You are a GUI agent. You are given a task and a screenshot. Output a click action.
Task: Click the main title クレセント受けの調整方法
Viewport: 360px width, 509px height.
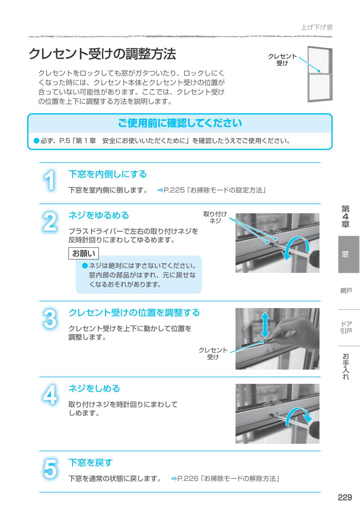tap(102, 54)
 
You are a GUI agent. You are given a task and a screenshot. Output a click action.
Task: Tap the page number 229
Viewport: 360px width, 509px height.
tap(345, 497)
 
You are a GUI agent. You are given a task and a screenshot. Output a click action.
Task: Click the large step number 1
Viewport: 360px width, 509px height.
tap(49, 181)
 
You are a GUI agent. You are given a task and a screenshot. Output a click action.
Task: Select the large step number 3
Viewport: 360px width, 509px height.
tap(50, 319)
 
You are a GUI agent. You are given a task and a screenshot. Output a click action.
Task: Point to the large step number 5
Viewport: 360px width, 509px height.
tap(50, 469)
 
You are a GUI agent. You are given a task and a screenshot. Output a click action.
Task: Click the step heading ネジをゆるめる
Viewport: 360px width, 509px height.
tap(99, 216)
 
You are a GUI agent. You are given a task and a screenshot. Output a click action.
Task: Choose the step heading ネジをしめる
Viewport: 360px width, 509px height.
tap(94, 389)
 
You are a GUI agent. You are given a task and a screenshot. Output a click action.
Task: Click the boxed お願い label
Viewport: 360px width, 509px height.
tap(83, 254)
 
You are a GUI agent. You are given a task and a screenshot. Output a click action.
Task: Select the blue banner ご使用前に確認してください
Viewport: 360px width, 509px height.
tap(180, 123)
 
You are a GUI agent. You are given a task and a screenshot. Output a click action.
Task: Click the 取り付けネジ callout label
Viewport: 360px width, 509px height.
tap(215, 217)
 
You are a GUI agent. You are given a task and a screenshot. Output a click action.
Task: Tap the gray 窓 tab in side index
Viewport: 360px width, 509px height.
tap(345, 254)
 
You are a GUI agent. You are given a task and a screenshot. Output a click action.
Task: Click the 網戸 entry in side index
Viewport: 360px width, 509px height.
tap(345, 291)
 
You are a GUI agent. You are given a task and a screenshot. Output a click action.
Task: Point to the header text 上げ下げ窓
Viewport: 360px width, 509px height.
tap(316, 27)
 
